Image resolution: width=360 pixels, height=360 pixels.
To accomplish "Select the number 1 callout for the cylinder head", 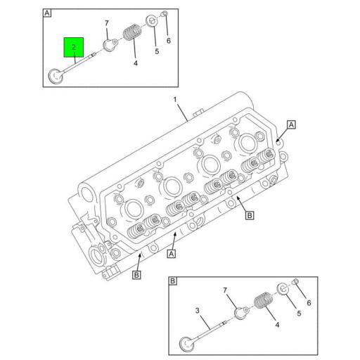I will (176, 100).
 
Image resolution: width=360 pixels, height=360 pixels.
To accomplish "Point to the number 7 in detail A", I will (107, 24).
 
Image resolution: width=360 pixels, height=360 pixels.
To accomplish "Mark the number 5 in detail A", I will (156, 51).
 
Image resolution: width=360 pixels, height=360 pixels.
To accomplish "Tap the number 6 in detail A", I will (168, 40).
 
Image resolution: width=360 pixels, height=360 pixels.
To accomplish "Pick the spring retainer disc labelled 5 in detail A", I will (151, 21).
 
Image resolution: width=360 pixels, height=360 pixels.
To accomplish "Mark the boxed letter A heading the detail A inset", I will (47, 13).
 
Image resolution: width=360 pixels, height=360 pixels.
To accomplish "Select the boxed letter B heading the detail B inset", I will (174, 281).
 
